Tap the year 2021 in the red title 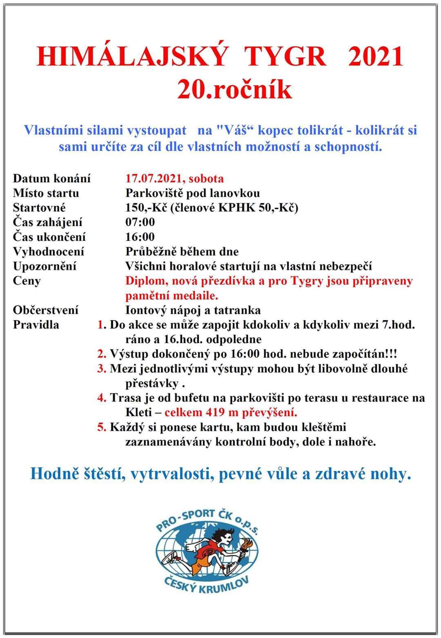click(376, 56)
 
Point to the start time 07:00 click(140, 222)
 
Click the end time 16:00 click(140, 237)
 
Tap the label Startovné click(39, 207)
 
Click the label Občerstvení click(45, 310)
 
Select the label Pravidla click(36, 325)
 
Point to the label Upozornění click(45, 266)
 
